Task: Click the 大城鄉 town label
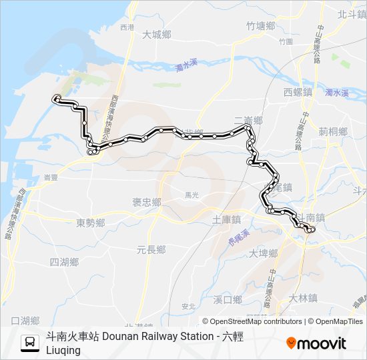click(157, 35)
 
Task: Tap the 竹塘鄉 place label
click(260, 26)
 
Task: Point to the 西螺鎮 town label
click(298, 92)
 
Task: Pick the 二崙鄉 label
click(248, 120)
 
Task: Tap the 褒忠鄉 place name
click(146, 202)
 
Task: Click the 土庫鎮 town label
click(226, 219)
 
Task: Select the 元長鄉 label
click(151, 249)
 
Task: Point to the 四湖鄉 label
click(65, 262)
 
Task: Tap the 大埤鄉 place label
click(263, 253)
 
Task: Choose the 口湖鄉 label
click(25, 321)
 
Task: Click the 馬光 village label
click(192, 195)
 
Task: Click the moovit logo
click(316, 343)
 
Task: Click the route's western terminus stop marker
click(57, 99)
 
